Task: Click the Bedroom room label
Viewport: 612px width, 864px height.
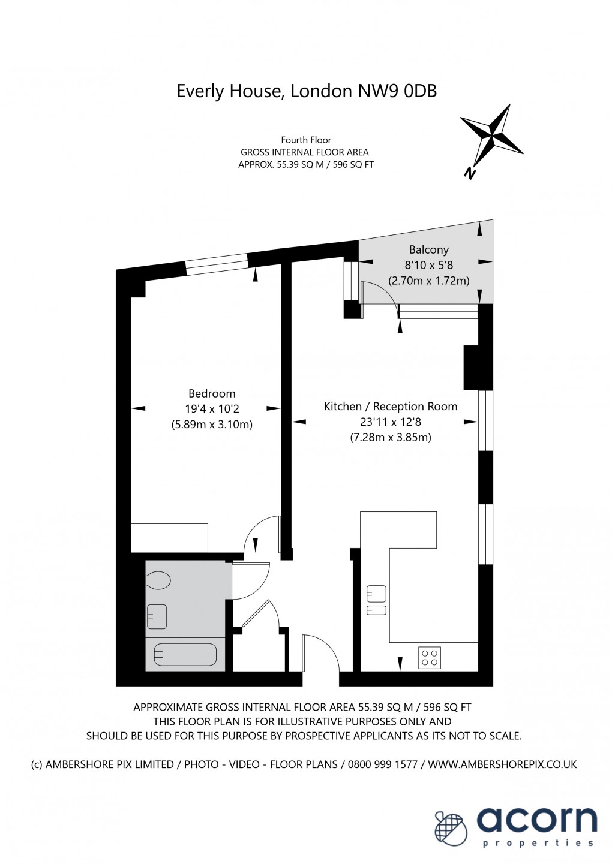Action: (x=212, y=393)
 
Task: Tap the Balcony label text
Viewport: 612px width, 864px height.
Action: (x=428, y=249)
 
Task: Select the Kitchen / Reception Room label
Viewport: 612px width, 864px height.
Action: (x=391, y=406)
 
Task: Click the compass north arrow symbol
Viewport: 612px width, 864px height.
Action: (x=491, y=137)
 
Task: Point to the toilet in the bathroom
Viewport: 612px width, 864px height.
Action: (x=158, y=580)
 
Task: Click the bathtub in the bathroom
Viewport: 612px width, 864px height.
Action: (x=185, y=654)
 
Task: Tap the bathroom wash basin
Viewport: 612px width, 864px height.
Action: (x=157, y=616)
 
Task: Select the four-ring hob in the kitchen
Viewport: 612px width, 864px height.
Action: (x=429, y=658)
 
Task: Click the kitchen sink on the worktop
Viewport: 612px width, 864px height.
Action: (x=376, y=601)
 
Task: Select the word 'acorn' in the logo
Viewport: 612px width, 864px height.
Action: (x=537, y=820)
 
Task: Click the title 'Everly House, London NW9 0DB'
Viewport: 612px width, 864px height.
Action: (x=307, y=91)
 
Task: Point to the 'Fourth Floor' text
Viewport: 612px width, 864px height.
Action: (x=306, y=140)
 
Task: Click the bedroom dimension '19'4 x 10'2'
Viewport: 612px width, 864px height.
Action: (x=212, y=409)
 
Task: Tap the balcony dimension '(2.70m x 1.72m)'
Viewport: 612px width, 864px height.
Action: (x=428, y=280)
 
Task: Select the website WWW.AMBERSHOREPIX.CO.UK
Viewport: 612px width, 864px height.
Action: (x=502, y=764)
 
